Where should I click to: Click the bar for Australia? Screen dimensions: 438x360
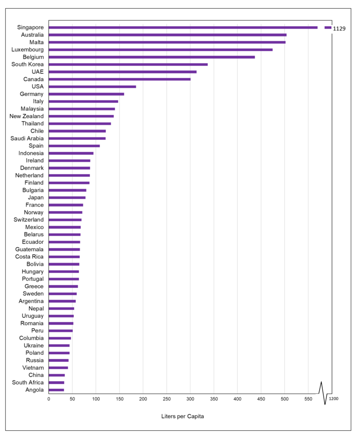[167, 35]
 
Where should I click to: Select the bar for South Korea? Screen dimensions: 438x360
[128, 64]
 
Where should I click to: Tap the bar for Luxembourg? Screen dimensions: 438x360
[161, 50]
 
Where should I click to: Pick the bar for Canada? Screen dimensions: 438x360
[119, 79]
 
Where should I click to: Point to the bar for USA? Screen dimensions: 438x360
[92, 86]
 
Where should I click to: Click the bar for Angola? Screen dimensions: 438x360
[56, 390]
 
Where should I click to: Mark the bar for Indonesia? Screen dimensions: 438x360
[71, 153]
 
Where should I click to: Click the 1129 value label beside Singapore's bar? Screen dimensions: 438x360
[339, 29]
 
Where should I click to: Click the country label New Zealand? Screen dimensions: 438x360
[27, 116]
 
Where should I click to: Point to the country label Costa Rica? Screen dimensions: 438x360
[29, 257]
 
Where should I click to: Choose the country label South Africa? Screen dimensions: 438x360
[28, 382]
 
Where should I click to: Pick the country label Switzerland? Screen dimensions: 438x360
[29, 219]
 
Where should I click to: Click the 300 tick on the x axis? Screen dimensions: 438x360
[190, 399]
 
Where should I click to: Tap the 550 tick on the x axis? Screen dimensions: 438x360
[308, 399]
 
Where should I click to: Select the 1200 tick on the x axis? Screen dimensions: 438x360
[334, 399]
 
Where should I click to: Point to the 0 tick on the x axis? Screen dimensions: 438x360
[49, 399]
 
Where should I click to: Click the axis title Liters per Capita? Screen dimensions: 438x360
[182, 416]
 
